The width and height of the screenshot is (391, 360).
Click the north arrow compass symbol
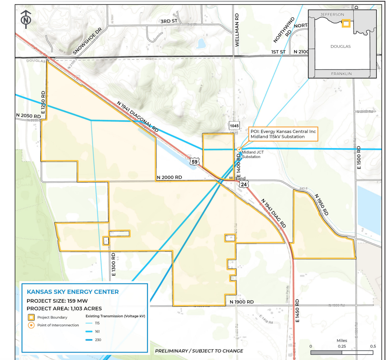(26, 19)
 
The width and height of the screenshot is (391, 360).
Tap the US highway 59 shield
(194, 161)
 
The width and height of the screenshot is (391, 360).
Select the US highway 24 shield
(243, 184)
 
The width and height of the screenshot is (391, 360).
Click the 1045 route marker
(234, 126)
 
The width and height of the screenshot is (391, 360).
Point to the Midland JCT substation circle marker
(239, 149)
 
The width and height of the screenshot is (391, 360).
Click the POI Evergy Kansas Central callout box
(283, 134)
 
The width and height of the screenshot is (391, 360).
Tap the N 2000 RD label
(169, 177)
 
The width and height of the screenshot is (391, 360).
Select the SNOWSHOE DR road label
(87, 41)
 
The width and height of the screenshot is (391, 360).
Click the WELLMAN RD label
(237, 30)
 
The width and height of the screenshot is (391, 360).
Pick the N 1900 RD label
(242, 302)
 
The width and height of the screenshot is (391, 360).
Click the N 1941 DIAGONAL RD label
(137, 116)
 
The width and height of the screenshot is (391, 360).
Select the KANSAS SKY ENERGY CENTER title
(73, 292)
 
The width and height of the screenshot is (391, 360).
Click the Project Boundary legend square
(31, 318)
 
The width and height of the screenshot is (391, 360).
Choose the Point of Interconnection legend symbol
(31, 325)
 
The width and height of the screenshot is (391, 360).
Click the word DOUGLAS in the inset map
(340, 46)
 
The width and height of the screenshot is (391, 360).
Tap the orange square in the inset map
(346, 23)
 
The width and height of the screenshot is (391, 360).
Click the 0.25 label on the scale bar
(342, 346)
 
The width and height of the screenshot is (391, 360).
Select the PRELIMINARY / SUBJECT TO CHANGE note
(199, 351)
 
